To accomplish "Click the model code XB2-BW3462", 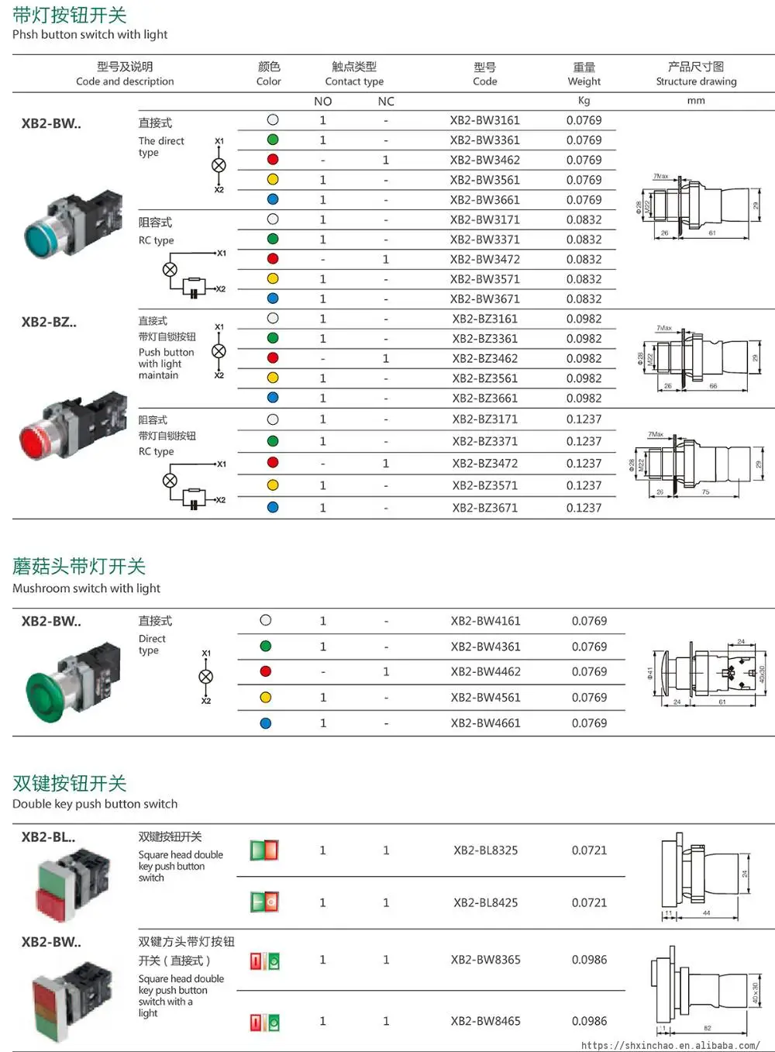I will [x=484, y=160].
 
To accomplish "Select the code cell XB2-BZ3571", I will [x=484, y=486].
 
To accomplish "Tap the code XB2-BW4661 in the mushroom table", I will [x=485, y=723].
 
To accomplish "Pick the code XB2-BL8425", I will [x=485, y=903].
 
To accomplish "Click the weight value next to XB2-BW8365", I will [x=589, y=960].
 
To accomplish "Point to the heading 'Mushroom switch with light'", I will [x=86, y=588].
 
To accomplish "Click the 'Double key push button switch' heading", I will [x=95, y=804].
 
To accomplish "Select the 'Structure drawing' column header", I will [x=696, y=81].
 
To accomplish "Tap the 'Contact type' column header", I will [x=354, y=81].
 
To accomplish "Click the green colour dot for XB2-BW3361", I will [x=273, y=140].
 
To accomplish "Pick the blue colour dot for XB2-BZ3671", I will [x=273, y=508].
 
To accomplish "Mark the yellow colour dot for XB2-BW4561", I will [x=266, y=698].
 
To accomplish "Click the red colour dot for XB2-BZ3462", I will [x=273, y=358].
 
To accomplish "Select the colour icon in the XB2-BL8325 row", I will [x=264, y=850].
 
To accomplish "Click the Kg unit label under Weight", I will [x=584, y=101].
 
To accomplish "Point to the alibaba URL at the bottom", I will [x=670, y=1045].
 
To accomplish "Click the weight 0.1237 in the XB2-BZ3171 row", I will [x=584, y=419].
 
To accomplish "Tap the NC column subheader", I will [x=386, y=102].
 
